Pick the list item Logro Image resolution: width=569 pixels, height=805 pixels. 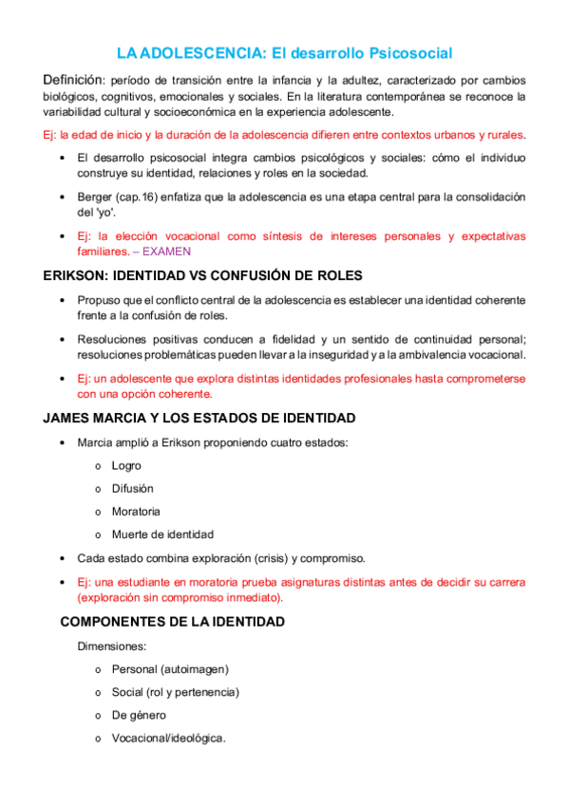click(x=126, y=466)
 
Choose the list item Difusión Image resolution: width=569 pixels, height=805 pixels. click(x=132, y=489)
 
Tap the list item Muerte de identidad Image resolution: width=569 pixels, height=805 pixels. click(x=162, y=534)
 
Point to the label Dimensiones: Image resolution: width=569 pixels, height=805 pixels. click(x=111, y=646)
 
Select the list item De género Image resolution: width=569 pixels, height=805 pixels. click(x=139, y=715)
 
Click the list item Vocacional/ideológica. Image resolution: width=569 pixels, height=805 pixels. click(x=168, y=738)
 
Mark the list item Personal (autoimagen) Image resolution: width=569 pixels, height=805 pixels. click(x=170, y=669)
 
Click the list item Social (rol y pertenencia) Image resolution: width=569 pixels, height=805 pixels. click(x=175, y=692)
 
